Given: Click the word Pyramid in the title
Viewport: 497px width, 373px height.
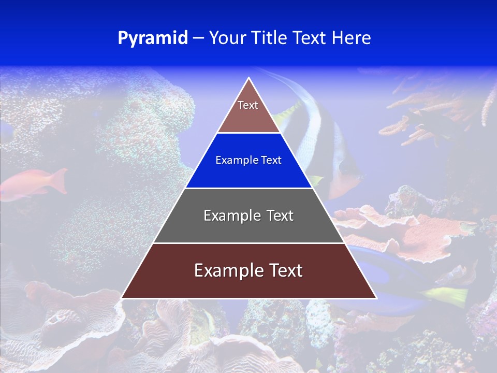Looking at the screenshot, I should pyautogui.click(x=152, y=38).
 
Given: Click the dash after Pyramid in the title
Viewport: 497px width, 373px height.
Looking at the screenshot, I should pyautogui.click(x=198, y=38).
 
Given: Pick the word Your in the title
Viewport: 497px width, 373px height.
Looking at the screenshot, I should pyautogui.click(x=227, y=38).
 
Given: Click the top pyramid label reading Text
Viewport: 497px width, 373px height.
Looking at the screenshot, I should pyautogui.click(x=248, y=105).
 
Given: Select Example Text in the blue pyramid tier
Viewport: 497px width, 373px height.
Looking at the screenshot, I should pyautogui.click(x=248, y=160).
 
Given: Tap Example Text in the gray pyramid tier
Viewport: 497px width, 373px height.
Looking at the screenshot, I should pyautogui.click(x=248, y=216).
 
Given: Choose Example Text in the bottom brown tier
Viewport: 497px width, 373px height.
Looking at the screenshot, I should pyautogui.click(x=248, y=270).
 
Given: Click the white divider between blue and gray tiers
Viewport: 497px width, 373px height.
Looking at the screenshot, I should pyautogui.click(x=248, y=188).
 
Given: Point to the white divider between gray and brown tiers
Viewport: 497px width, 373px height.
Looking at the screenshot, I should pyautogui.click(x=248, y=243).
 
